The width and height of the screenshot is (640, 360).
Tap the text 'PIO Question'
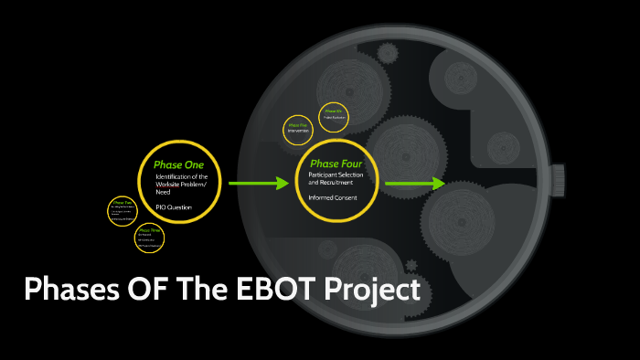(x=173, y=207)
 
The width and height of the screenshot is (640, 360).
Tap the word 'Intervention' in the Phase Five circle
(x=298, y=131)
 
